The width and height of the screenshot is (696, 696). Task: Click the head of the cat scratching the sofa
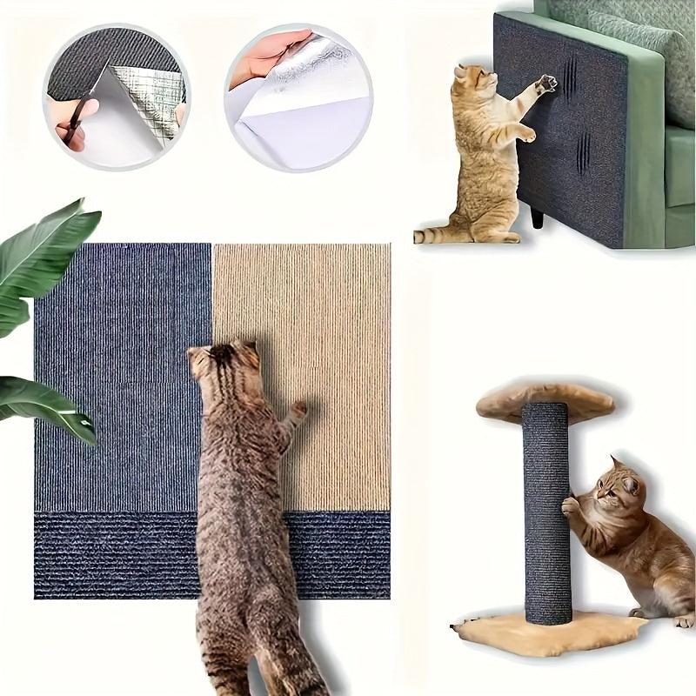click(472, 82)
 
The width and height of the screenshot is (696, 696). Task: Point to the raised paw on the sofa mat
click(546, 84)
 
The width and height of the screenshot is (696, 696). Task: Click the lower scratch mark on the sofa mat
click(582, 151)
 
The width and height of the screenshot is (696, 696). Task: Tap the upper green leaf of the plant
click(48, 252)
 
